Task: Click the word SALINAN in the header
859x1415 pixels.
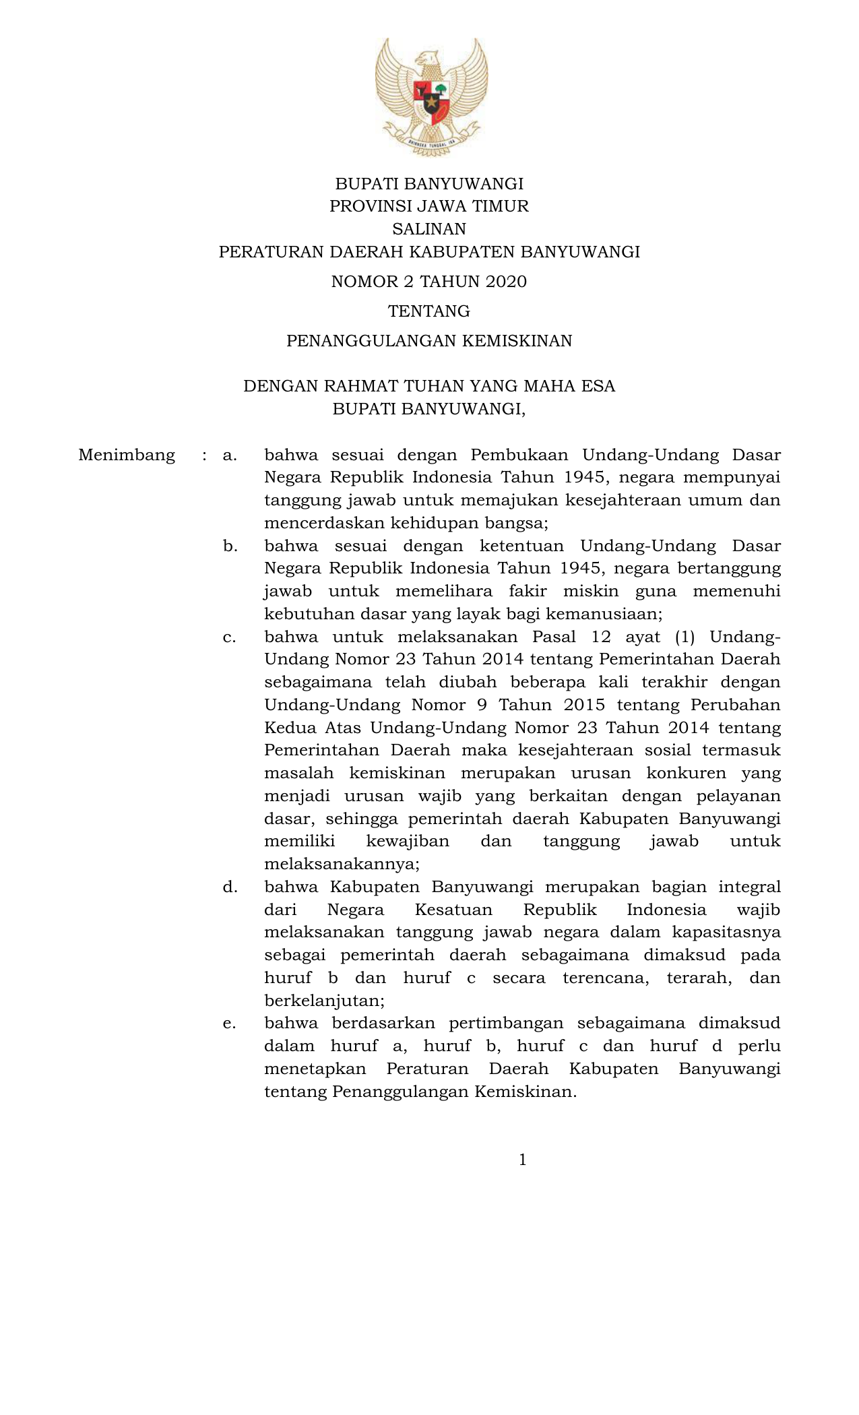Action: [429, 229]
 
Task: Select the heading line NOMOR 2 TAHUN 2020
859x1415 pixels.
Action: [429, 282]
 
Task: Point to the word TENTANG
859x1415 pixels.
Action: [429, 311]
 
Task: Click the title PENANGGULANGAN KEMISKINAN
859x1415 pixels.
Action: [429, 341]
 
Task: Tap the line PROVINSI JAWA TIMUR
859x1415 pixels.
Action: [429, 206]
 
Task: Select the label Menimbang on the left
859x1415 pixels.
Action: [127, 455]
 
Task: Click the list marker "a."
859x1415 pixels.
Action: [230, 455]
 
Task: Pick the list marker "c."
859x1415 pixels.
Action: [230, 637]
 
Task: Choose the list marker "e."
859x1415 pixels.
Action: [230, 1024]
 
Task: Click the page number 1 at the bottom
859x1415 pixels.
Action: [523, 1160]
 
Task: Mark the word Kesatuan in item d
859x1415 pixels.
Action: [453, 910]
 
